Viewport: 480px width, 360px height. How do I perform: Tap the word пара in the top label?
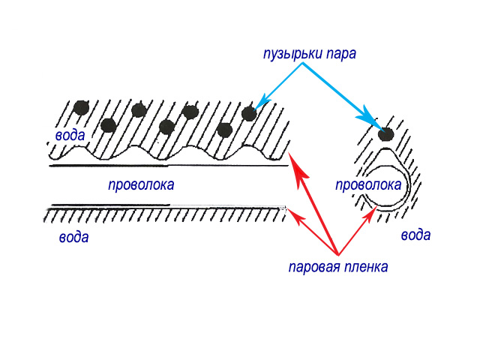(339, 54)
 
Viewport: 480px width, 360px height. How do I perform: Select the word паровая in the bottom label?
(314, 266)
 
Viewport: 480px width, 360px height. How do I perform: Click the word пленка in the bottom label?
(365, 266)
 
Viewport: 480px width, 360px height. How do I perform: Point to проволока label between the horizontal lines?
(141, 184)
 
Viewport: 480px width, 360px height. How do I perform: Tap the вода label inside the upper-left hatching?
(69, 135)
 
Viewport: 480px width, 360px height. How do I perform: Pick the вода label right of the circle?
(415, 235)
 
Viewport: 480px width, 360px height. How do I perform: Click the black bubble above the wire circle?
(386, 135)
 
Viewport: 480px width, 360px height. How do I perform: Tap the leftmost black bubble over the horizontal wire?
(81, 106)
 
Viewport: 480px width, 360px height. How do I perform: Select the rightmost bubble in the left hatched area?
(249, 113)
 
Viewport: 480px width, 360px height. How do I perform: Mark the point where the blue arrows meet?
(303, 63)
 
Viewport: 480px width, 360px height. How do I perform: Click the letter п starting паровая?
(292, 267)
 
